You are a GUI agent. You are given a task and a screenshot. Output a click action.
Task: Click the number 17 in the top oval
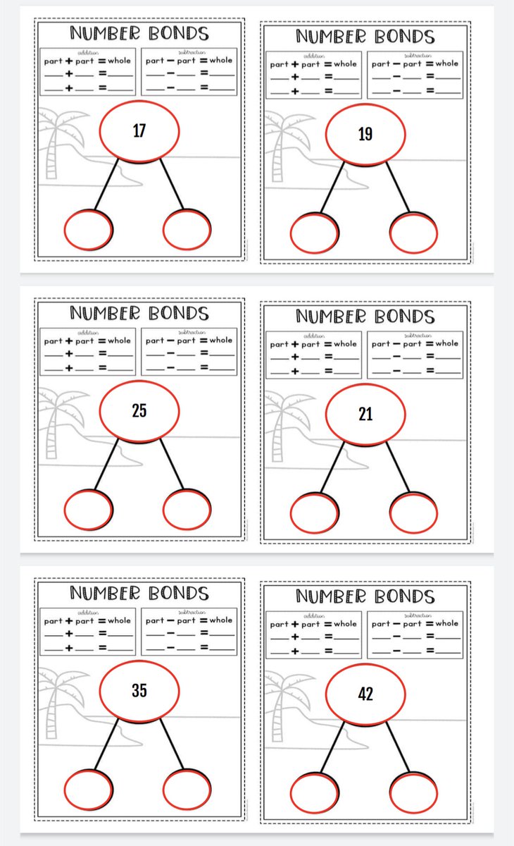[x=139, y=130]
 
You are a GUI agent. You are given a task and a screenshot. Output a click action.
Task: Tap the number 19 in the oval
[x=365, y=134]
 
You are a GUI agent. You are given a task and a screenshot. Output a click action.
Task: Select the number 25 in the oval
[x=139, y=410]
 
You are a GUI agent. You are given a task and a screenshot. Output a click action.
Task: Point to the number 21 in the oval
[x=365, y=414]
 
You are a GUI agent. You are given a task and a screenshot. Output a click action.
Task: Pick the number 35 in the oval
[x=139, y=691]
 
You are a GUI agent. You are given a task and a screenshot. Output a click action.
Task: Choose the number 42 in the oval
[x=365, y=694]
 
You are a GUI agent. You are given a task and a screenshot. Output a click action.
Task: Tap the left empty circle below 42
[x=314, y=792]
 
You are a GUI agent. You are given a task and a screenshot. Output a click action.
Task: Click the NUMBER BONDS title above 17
[x=139, y=33]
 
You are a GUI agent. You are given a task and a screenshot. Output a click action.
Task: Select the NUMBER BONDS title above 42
[x=365, y=596]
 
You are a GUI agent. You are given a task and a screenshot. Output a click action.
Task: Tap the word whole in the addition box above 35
[x=119, y=620]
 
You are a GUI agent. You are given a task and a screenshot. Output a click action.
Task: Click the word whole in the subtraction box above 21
[x=446, y=344]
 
